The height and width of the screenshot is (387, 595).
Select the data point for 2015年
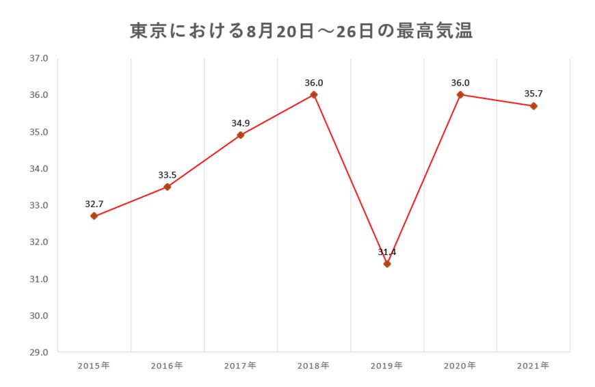tap(94, 216)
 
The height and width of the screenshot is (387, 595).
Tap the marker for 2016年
tap(167, 187)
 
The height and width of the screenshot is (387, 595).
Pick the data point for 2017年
tap(241, 135)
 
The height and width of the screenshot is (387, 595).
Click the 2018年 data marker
tap(314, 94)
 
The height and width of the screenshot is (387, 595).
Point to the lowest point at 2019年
tap(387, 264)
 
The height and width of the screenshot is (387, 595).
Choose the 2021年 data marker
tap(533, 106)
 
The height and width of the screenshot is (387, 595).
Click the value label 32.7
tap(94, 204)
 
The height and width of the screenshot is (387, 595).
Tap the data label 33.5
tap(168, 174)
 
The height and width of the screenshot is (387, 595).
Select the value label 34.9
tap(241, 123)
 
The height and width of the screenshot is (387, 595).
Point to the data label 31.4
tap(387, 252)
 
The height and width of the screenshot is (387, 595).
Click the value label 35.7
tap(533, 94)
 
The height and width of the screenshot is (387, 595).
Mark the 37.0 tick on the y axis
tap(39, 58)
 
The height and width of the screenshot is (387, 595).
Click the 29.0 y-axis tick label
tap(39, 353)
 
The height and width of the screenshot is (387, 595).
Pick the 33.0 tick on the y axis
tap(39, 205)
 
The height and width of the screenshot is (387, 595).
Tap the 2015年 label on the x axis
tap(94, 366)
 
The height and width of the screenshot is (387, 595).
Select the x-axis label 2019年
tap(386, 366)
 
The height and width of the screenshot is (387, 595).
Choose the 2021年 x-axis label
tap(533, 366)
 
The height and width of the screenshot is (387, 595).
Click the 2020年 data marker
tap(460, 94)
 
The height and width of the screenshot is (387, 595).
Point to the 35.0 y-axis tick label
tap(39, 132)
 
